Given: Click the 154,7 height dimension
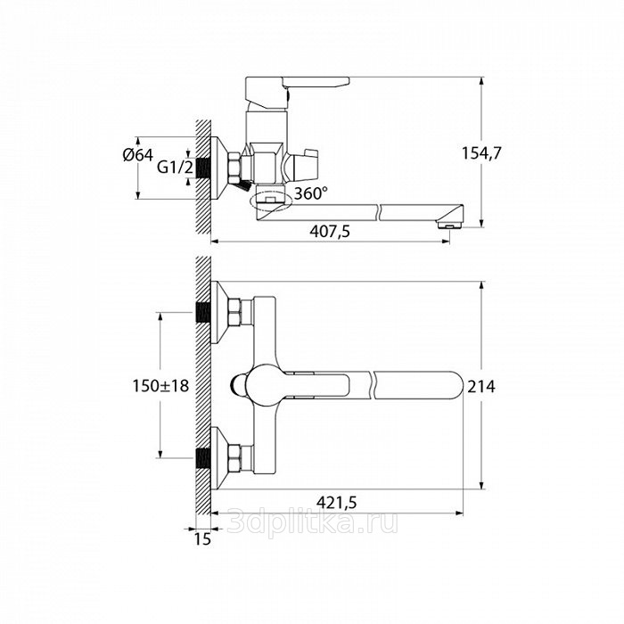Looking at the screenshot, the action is coord(481,153).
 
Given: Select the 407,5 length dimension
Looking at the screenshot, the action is coord(330,231).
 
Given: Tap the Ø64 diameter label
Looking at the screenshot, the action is coord(138,155).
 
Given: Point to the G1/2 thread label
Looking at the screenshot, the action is coord(175,168).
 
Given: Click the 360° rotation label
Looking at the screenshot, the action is coord(311,193).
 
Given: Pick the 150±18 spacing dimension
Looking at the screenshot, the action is coord(160,386).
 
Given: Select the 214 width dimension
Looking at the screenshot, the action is coord(481,386).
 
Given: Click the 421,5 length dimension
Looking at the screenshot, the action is coord(337,503).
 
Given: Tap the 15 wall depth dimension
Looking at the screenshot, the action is coord(202,538).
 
